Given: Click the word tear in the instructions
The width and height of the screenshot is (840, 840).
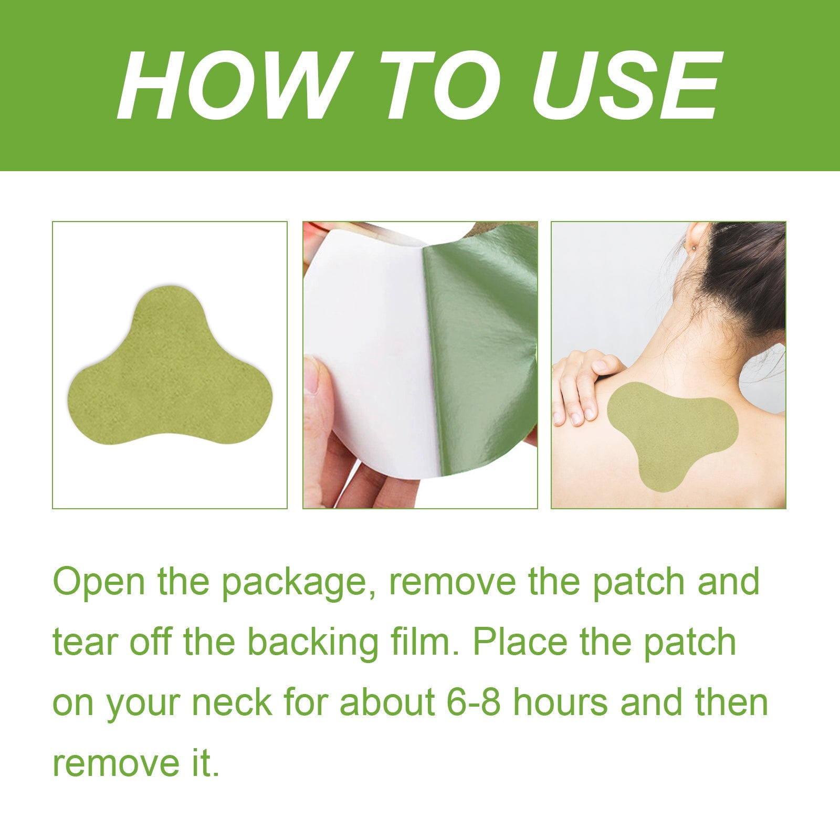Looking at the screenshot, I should pos(86,643).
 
